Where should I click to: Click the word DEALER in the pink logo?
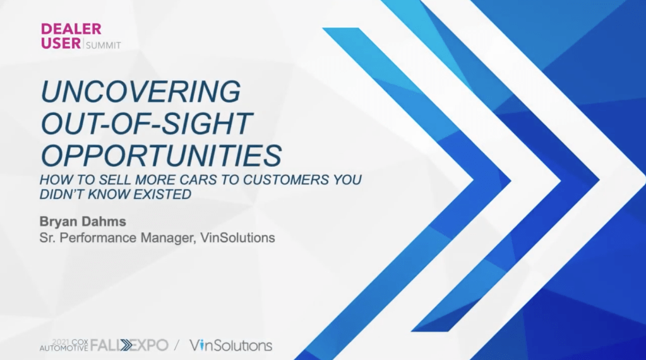click(71, 29)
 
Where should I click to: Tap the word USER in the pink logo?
click(61, 43)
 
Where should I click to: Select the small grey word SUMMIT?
click(104, 45)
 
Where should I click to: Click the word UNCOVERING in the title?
click(140, 91)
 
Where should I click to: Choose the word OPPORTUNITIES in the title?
click(161, 155)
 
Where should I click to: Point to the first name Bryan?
click(59, 222)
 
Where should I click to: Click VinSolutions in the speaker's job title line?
click(237, 238)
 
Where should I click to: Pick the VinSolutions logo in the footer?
click(230, 345)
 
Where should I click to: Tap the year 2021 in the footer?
click(61, 342)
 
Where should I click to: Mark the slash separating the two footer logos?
click(177, 345)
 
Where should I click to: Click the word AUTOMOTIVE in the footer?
click(64, 349)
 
